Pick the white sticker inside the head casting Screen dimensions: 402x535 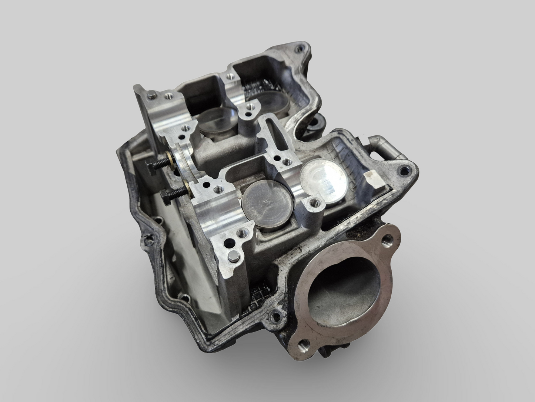tap(372, 178)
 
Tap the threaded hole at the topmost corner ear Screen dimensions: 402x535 tap(298, 48)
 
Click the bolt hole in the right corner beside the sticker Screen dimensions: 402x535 tap(399, 171)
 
